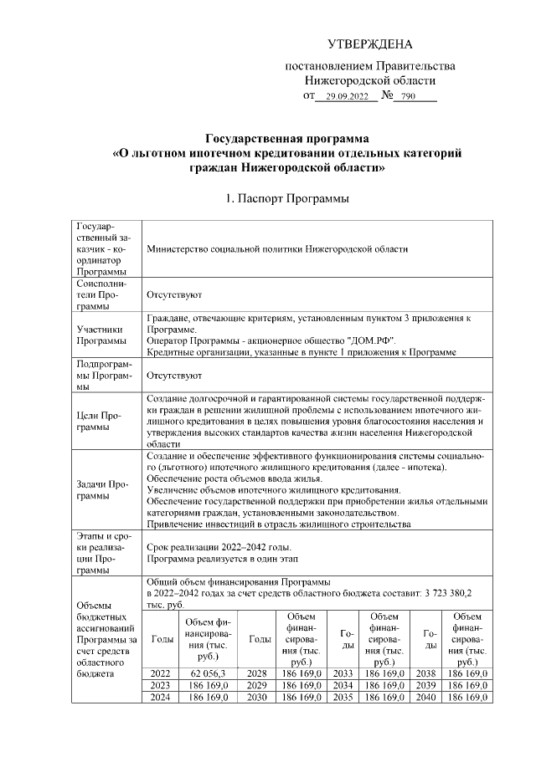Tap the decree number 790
(x=409, y=97)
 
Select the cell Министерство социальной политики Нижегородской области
(x=276, y=249)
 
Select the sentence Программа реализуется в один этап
(x=229, y=557)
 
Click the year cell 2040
(x=430, y=697)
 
